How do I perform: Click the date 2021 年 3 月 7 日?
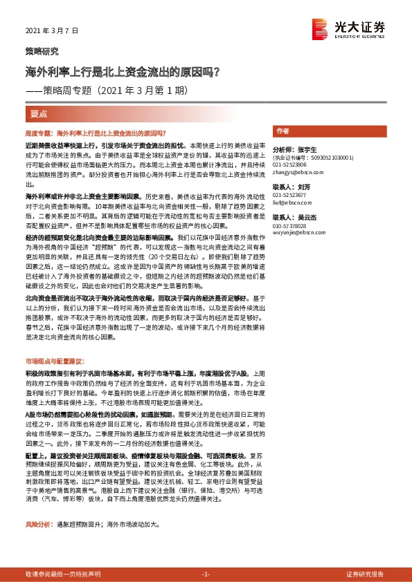point(52,31)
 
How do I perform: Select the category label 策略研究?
point(42,51)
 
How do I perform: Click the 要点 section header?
point(39,114)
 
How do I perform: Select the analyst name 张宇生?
point(305,149)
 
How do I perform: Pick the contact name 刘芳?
point(305,187)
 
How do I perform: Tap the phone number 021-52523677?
point(291,195)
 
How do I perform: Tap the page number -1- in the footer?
point(206,574)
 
